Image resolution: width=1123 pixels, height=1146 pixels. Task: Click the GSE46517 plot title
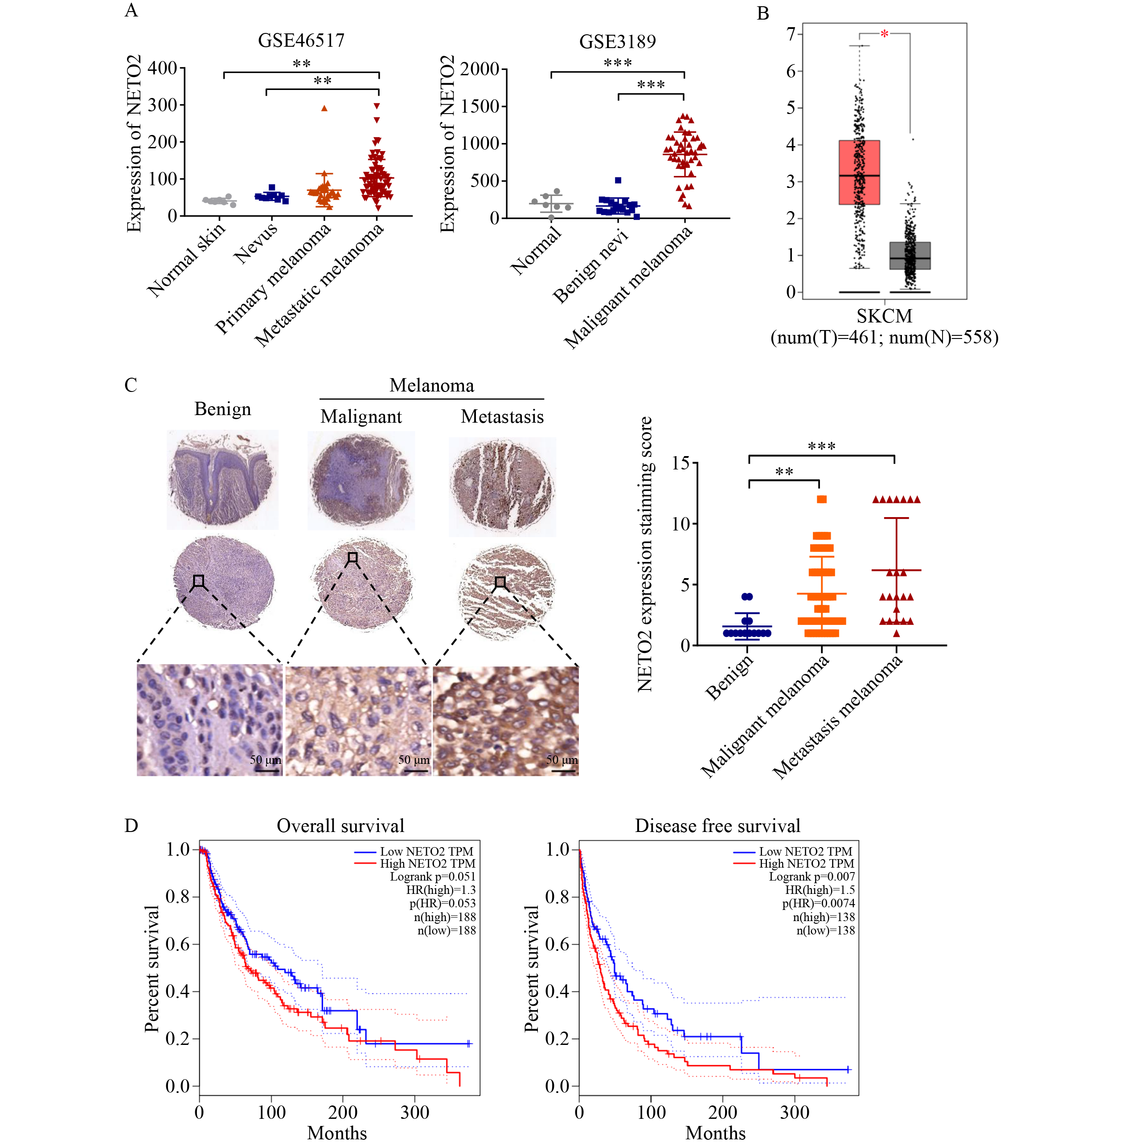[301, 40]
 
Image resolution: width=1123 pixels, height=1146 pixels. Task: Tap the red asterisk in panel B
[884, 35]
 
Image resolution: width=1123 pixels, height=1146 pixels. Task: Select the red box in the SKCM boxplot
[859, 172]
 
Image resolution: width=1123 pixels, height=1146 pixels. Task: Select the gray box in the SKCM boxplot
[910, 255]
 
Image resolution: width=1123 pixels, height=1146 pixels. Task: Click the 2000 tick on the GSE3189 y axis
[480, 69]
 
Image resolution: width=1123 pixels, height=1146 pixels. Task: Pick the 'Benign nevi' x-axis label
[590, 266]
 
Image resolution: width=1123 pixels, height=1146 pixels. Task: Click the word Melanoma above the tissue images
[431, 386]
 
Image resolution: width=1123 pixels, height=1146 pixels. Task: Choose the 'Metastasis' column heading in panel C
[502, 417]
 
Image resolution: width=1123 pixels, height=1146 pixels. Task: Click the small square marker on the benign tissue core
[199, 581]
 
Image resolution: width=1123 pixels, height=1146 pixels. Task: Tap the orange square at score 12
[822, 500]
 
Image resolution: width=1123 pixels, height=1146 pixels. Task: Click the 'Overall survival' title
[340, 826]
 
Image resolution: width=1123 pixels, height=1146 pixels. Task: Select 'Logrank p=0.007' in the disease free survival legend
[811, 877]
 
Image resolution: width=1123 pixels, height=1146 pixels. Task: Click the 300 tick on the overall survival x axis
[414, 1113]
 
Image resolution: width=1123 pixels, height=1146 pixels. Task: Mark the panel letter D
[131, 825]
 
